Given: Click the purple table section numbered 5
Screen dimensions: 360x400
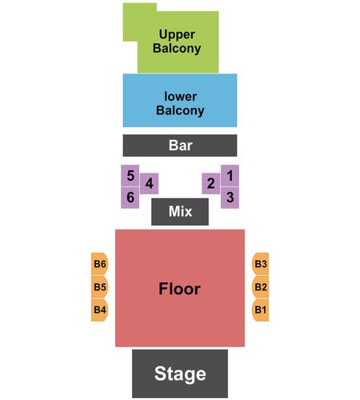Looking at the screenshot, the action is click(x=130, y=175).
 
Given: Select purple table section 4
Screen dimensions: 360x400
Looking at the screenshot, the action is click(x=149, y=183).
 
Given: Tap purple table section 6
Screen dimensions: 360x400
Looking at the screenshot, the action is click(x=130, y=198).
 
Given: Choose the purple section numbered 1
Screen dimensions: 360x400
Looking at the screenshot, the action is click(x=230, y=175).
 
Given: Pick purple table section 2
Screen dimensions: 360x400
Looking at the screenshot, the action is click(x=211, y=183).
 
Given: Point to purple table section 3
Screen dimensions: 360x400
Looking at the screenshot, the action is click(x=230, y=198).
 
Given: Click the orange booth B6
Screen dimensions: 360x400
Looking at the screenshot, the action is click(x=99, y=264).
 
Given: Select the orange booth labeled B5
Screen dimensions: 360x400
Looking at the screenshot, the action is click(x=99, y=287).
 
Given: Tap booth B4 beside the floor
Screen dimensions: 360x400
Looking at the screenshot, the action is click(x=99, y=310).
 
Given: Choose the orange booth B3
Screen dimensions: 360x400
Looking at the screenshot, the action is click(x=260, y=264).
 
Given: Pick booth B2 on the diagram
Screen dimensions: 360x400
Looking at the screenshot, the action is click(x=260, y=287).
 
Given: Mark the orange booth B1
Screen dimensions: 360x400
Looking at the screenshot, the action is click(x=260, y=310).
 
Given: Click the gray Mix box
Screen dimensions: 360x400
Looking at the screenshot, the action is click(x=180, y=212).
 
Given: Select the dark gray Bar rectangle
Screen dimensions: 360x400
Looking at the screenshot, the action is click(x=180, y=146).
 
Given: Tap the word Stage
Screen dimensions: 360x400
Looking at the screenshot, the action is click(x=180, y=374).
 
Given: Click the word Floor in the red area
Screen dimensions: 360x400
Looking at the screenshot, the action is click(x=179, y=289).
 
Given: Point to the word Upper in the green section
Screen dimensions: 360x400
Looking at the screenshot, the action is click(x=177, y=35).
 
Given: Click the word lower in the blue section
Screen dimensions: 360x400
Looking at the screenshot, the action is click(x=181, y=97).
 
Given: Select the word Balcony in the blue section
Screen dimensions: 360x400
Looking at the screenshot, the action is click(x=180, y=110).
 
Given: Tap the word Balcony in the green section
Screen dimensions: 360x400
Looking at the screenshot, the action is click(x=177, y=49).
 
